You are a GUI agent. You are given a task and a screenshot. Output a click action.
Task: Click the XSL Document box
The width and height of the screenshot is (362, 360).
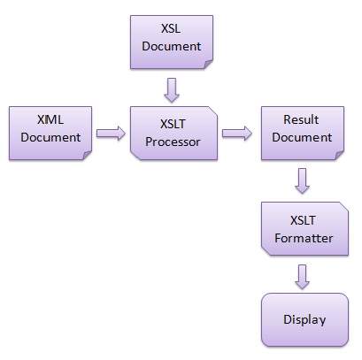tap(171, 41)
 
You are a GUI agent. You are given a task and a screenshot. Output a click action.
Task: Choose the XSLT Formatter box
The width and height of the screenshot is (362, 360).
tap(301, 227)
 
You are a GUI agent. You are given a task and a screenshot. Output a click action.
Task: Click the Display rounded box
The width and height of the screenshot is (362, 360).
tap(304, 319)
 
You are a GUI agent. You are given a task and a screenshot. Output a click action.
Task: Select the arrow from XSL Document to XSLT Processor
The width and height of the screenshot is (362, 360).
tap(172, 88)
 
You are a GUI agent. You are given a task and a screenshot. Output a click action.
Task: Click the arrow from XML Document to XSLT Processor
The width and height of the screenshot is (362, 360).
tap(109, 134)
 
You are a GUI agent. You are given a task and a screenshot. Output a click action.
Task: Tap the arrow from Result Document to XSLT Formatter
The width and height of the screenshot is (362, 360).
tap(303, 180)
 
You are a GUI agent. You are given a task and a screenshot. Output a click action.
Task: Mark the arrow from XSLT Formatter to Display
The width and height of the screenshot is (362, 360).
tap(303, 276)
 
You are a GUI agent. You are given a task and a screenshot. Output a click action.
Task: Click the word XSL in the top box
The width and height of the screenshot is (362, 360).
tap(172, 29)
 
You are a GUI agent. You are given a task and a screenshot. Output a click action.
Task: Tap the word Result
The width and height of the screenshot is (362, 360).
tap(301, 120)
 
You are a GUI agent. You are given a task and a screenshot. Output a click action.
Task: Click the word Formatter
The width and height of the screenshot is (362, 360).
tap(303, 237)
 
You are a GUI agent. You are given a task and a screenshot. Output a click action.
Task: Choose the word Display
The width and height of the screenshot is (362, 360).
tap(304, 319)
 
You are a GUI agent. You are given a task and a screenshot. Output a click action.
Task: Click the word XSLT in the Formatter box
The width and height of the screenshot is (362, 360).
tap(303, 218)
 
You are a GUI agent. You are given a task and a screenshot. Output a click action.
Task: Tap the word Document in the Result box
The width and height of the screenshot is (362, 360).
tap(301, 138)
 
